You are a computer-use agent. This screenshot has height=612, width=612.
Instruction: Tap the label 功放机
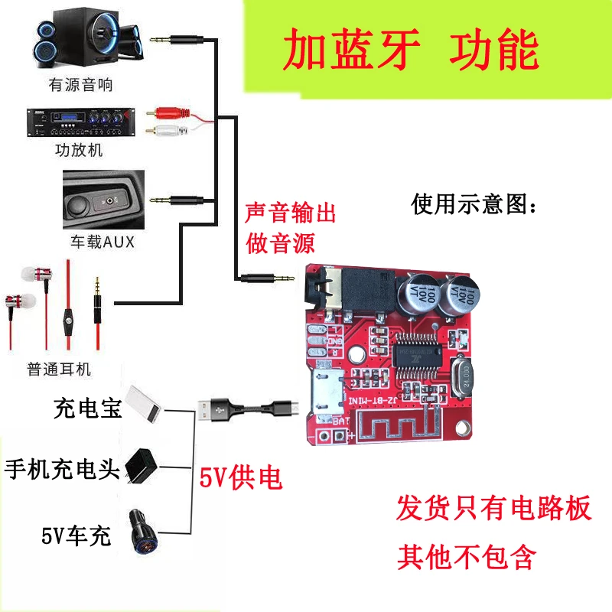click(x=78, y=150)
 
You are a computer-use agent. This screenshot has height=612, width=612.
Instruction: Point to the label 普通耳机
click(x=59, y=369)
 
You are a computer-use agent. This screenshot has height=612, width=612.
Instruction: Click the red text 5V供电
click(x=241, y=479)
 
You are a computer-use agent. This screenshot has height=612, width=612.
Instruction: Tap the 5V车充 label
click(x=76, y=535)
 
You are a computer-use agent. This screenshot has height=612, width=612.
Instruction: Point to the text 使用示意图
click(x=474, y=204)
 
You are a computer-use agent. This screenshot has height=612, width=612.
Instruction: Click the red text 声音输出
click(x=291, y=212)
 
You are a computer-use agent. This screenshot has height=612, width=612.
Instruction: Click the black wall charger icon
click(x=141, y=465)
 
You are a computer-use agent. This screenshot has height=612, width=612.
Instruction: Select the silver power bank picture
click(x=143, y=402)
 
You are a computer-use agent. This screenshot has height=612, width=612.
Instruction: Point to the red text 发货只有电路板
click(x=494, y=508)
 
